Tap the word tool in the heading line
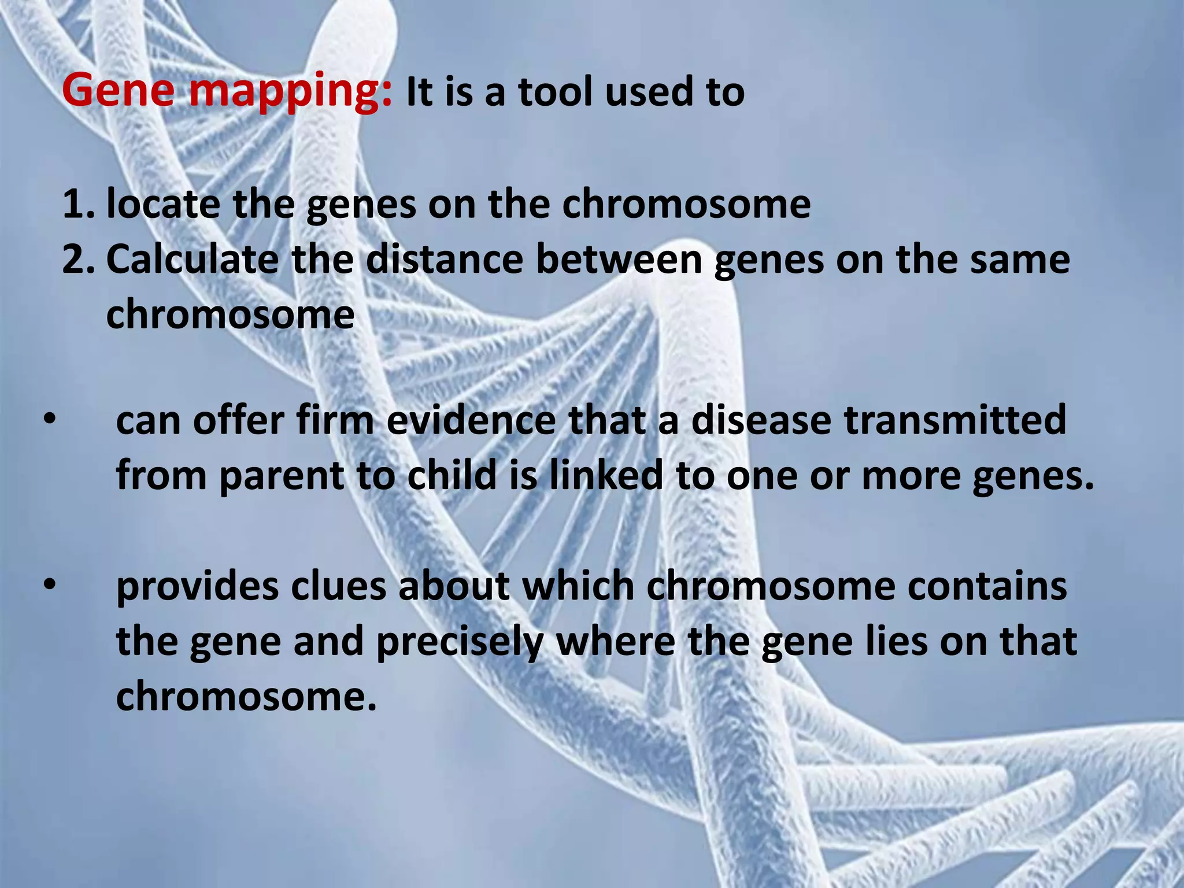coord(554,92)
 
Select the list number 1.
coord(78,204)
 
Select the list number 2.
coord(78,260)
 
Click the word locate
coord(163,204)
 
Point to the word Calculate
coord(192,260)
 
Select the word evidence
coord(471,420)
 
